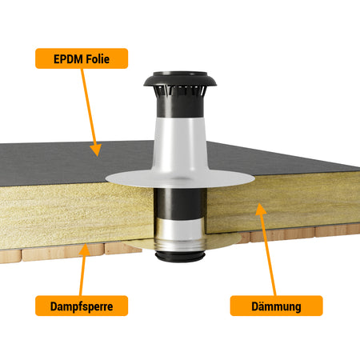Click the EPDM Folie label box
coord(82,58)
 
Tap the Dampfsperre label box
coord(82,306)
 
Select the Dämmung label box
coord(276,306)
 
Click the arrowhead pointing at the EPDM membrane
coord(96,150)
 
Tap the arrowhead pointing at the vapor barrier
coord(85,250)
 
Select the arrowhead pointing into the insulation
coord(261,209)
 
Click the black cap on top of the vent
coord(180,79)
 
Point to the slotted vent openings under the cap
coord(180,91)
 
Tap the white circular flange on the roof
coord(180,178)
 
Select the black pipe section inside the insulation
coord(180,203)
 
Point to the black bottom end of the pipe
coord(180,257)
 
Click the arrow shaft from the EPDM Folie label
coord(88,107)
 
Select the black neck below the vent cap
coord(180,106)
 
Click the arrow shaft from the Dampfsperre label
coord(82,275)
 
